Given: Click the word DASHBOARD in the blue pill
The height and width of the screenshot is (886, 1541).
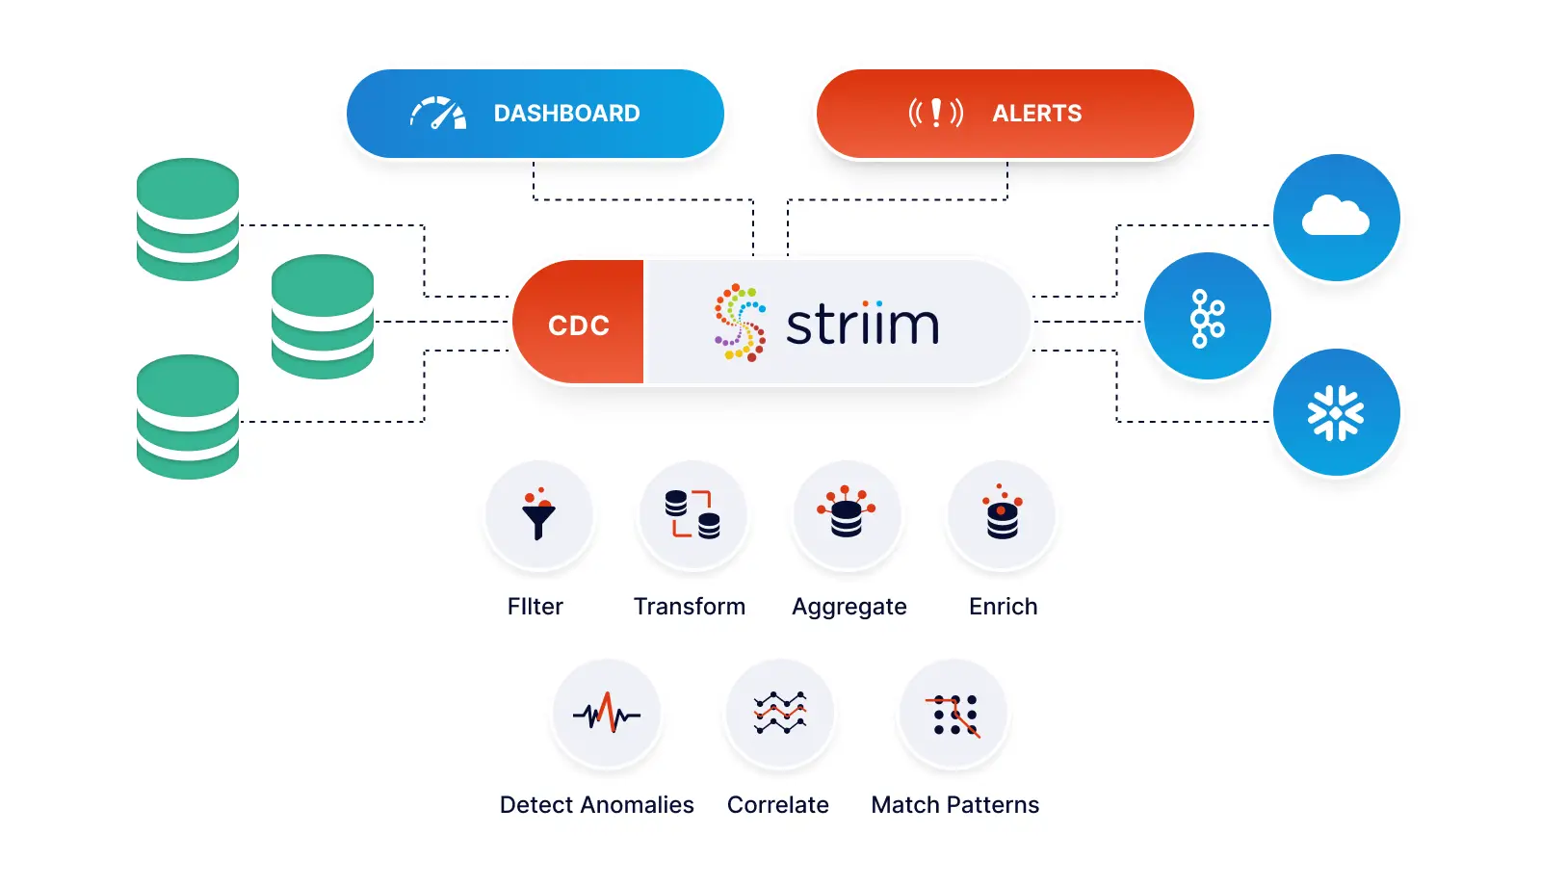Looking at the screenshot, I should [566, 114].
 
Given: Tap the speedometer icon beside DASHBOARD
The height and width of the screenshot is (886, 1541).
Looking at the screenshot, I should [438, 114].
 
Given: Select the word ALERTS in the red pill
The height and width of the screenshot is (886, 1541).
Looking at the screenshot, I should [1036, 114].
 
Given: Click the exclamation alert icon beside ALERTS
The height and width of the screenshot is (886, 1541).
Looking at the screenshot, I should [935, 114].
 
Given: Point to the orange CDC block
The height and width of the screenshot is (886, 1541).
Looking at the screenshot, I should [579, 324].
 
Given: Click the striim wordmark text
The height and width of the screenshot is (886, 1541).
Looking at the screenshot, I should [862, 325].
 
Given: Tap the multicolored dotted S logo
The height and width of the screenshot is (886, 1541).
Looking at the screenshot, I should [740, 323].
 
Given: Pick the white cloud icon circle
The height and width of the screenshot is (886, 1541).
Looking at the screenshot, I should [1336, 218].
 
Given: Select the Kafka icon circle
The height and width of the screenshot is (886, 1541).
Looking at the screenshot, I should [1207, 317].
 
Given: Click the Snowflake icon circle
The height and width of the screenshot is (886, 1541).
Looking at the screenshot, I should [1336, 413].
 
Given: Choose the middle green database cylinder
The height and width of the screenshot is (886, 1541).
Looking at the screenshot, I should [323, 317].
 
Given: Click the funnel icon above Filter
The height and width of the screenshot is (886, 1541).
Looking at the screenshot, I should [538, 514].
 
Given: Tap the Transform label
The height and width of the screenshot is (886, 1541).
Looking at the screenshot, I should [690, 607].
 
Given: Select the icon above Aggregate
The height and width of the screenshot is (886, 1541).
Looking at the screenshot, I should [847, 514].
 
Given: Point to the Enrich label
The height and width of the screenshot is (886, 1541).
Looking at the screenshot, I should [1003, 607].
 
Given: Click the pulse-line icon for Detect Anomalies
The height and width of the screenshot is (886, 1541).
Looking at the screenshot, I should [607, 714].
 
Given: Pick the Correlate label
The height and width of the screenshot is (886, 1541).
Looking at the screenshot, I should [777, 805].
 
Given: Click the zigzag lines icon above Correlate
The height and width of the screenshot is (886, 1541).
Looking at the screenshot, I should [780, 714].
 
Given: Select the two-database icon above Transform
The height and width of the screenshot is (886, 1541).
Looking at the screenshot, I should [692, 514].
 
